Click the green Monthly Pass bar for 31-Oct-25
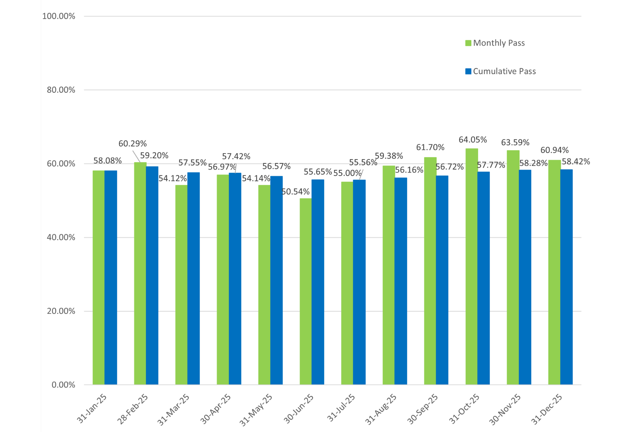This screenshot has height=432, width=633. click(x=472, y=266)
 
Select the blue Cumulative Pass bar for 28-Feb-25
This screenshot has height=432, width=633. click(x=152, y=276)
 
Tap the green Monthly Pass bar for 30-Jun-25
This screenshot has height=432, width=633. click(x=306, y=291)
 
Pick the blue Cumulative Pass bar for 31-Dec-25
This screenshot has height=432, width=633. click(x=566, y=277)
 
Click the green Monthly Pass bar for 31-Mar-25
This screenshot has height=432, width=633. click(x=181, y=285)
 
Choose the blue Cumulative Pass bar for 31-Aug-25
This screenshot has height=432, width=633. click(x=401, y=281)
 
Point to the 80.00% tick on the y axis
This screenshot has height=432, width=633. click(x=61, y=90)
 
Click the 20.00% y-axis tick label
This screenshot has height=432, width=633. click(x=61, y=311)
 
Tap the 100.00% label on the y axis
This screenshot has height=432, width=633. click(x=59, y=16)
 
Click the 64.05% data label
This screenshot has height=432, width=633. click(x=473, y=140)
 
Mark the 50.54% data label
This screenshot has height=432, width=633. click(x=296, y=192)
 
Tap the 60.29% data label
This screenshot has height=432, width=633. click(x=133, y=144)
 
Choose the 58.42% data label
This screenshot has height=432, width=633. click(x=576, y=162)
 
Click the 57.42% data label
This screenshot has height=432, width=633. click(x=236, y=156)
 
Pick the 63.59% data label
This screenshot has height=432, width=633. click(x=515, y=143)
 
